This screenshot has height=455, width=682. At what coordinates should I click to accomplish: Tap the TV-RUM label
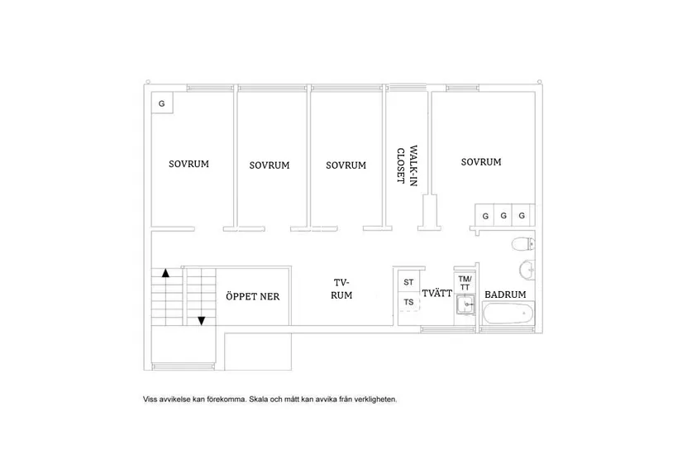pyautogui.click(x=342, y=288)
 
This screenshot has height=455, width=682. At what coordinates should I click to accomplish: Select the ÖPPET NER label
pyautogui.click(x=258, y=296)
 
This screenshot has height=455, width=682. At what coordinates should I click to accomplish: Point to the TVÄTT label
pyautogui.click(x=436, y=294)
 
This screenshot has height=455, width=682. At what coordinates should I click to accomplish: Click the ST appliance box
pyautogui.click(x=408, y=282)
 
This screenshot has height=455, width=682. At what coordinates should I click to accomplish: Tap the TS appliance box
pyautogui.click(x=408, y=302)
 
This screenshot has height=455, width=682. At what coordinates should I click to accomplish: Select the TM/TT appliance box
pyautogui.click(x=465, y=282)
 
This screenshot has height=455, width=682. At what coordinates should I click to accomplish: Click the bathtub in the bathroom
pyautogui.click(x=506, y=314)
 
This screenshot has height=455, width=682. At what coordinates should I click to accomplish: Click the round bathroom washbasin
pyautogui.click(x=527, y=269)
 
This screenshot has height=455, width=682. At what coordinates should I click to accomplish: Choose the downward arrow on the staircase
pyautogui.click(x=200, y=320)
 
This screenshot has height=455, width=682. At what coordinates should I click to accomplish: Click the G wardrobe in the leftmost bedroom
pyautogui.click(x=162, y=104)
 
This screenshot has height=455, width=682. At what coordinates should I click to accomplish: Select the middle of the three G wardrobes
pyautogui.click(x=503, y=216)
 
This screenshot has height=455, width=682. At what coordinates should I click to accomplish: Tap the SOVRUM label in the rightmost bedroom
pyautogui.click(x=481, y=162)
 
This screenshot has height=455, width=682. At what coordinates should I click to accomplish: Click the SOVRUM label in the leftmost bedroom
pyautogui.click(x=188, y=164)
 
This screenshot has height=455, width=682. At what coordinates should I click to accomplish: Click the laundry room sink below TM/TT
pyautogui.click(x=465, y=308)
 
